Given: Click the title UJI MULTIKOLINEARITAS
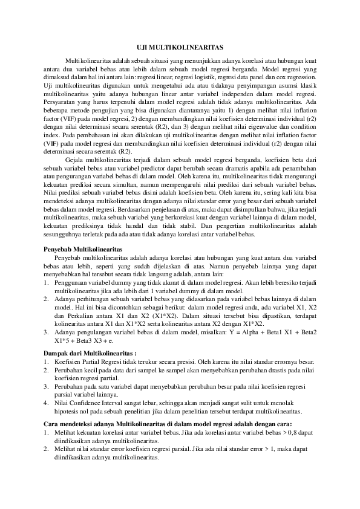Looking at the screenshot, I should pyautogui.click(x=179, y=47).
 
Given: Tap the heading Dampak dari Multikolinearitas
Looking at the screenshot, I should pyautogui.click(x=91, y=351).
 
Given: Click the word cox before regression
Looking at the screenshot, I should pyautogui.click(x=279, y=78).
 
